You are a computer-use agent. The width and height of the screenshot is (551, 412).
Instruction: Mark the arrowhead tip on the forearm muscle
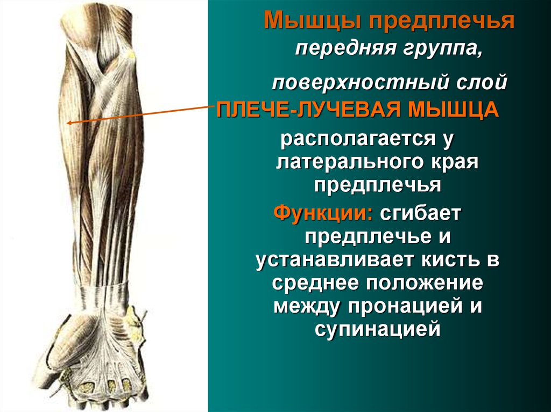(x=67, y=123)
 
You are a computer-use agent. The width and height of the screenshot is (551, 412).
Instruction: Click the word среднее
(x=315, y=284)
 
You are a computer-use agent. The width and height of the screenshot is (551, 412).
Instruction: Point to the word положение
(x=425, y=283)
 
